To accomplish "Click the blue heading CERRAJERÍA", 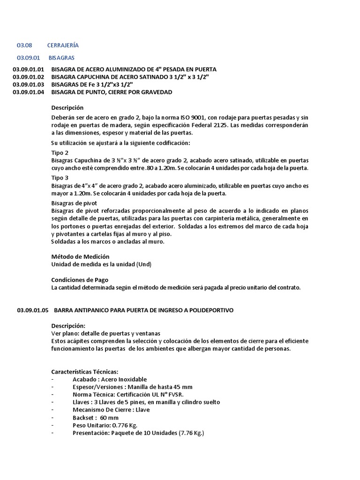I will coord(63,45).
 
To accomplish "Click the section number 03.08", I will coord(23,45).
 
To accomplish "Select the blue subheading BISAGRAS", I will coord(61,57).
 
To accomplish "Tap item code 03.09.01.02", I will coord(28,77).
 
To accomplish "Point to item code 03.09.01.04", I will coord(28,92).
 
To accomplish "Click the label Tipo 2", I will coord(60,153).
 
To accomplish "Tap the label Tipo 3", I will coord(60,178).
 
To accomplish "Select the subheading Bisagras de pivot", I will coord(74,203).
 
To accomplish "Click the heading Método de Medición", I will coord(80,256).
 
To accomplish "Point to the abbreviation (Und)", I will coord(144,264).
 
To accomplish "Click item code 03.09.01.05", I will coord(32,310).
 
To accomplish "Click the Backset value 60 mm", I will coord(109,417).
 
